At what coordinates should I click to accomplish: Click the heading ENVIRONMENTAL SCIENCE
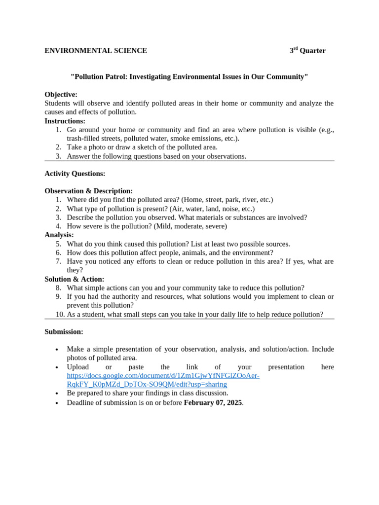(96, 51)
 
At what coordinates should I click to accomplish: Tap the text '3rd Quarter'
(307, 51)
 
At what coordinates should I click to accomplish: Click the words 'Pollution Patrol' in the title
(99, 77)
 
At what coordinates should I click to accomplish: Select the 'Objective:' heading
(61, 95)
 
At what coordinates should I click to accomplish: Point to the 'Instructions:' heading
(65, 121)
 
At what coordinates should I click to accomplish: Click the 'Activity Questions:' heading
(75, 174)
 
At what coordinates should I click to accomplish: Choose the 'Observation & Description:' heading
(88, 191)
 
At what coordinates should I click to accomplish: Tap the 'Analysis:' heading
(59, 235)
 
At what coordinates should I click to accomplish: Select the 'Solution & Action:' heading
(74, 279)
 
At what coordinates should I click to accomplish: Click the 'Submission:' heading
(64, 332)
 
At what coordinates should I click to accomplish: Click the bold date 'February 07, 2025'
(213, 402)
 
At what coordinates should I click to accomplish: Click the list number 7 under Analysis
(58, 261)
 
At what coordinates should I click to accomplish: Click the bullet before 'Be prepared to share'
(57, 394)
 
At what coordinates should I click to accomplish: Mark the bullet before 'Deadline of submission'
(57, 403)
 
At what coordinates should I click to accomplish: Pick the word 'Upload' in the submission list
(78, 367)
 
